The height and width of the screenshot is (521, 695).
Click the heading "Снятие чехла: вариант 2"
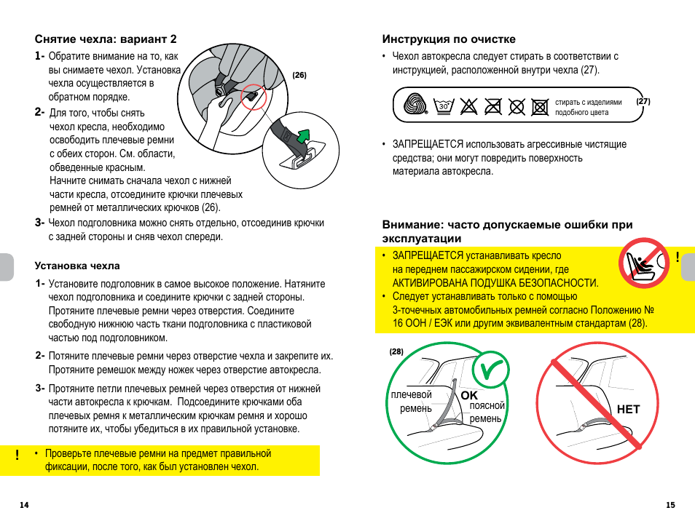click(x=106, y=39)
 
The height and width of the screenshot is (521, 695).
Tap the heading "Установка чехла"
click(x=77, y=266)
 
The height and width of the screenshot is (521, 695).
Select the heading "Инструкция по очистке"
click(x=449, y=39)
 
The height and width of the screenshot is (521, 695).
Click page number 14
click(x=24, y=506)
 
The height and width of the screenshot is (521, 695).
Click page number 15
click(x=670, y=506)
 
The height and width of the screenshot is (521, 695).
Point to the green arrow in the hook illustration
click(x=302, y=135)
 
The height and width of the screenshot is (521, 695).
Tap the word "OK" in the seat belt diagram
click(x=468, y=394)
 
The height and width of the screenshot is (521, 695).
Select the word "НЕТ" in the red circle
click(x=628, y=410)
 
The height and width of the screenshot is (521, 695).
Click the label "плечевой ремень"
click(x=412, y=402)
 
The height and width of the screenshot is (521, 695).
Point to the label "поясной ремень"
click(x=486, y=412)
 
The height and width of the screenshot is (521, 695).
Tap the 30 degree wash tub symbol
click(x=443, y=107)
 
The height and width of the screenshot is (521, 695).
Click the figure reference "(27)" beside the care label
click(x=643, y=101)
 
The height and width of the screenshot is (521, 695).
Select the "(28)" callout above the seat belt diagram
click(x=396, y=351)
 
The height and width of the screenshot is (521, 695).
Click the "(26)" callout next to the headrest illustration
click(x=299, y=75)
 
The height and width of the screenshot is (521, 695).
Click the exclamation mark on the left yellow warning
click(x=17, y=456)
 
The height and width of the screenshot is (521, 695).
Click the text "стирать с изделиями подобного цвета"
click(x=589, y=108)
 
